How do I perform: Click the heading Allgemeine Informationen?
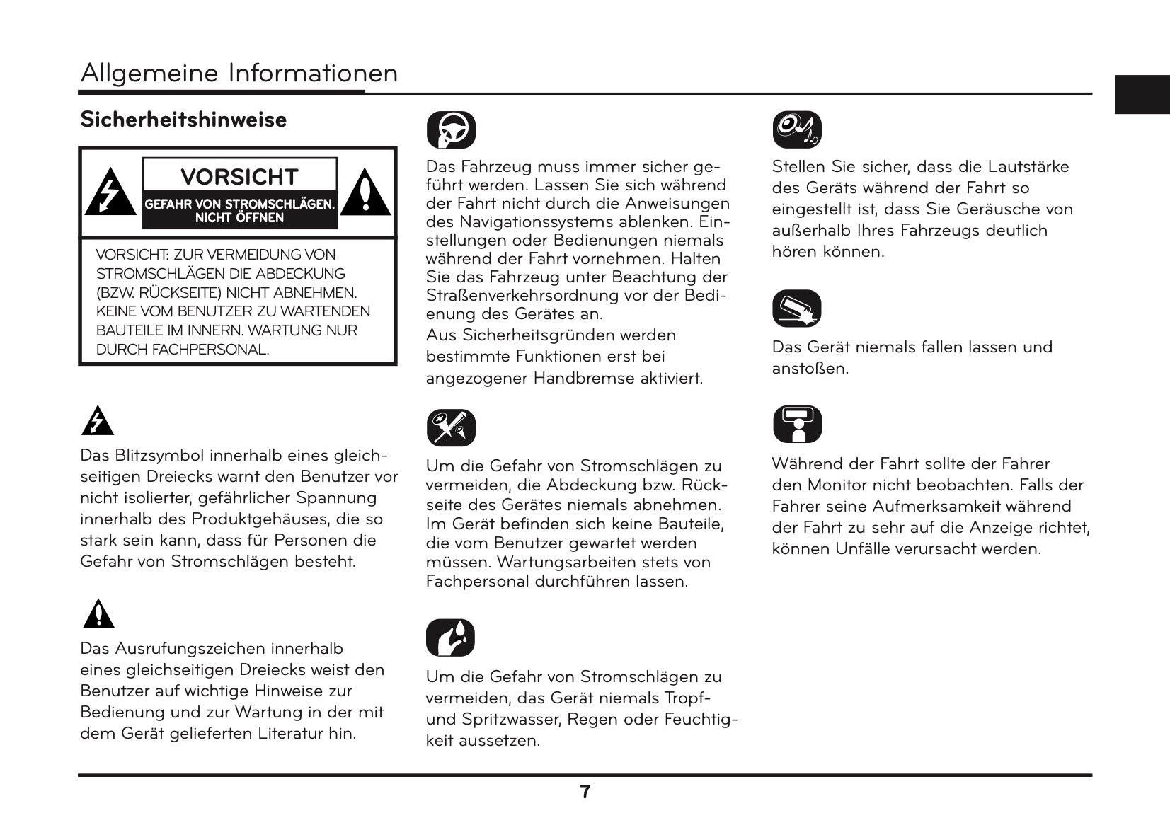coord(239,74)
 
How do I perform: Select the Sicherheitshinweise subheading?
coord(183,120)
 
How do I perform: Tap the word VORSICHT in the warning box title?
coord(239,176)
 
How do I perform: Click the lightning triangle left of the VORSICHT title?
coord(110,193)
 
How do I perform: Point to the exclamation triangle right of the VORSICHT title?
coord(365,193)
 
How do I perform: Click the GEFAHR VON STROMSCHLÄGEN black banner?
coord(239,211)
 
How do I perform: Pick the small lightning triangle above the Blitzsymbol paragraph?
coord(98,422)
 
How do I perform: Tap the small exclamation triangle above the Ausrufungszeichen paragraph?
coord(98,614)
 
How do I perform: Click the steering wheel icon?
coord(451,130)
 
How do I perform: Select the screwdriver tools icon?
coord(451,428)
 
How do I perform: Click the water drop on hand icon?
coord(451,638)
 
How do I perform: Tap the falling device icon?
coord(797,309)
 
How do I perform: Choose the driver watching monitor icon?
coord(797,425)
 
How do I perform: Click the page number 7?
coord(585,792)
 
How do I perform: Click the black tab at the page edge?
coord(1142,94)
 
